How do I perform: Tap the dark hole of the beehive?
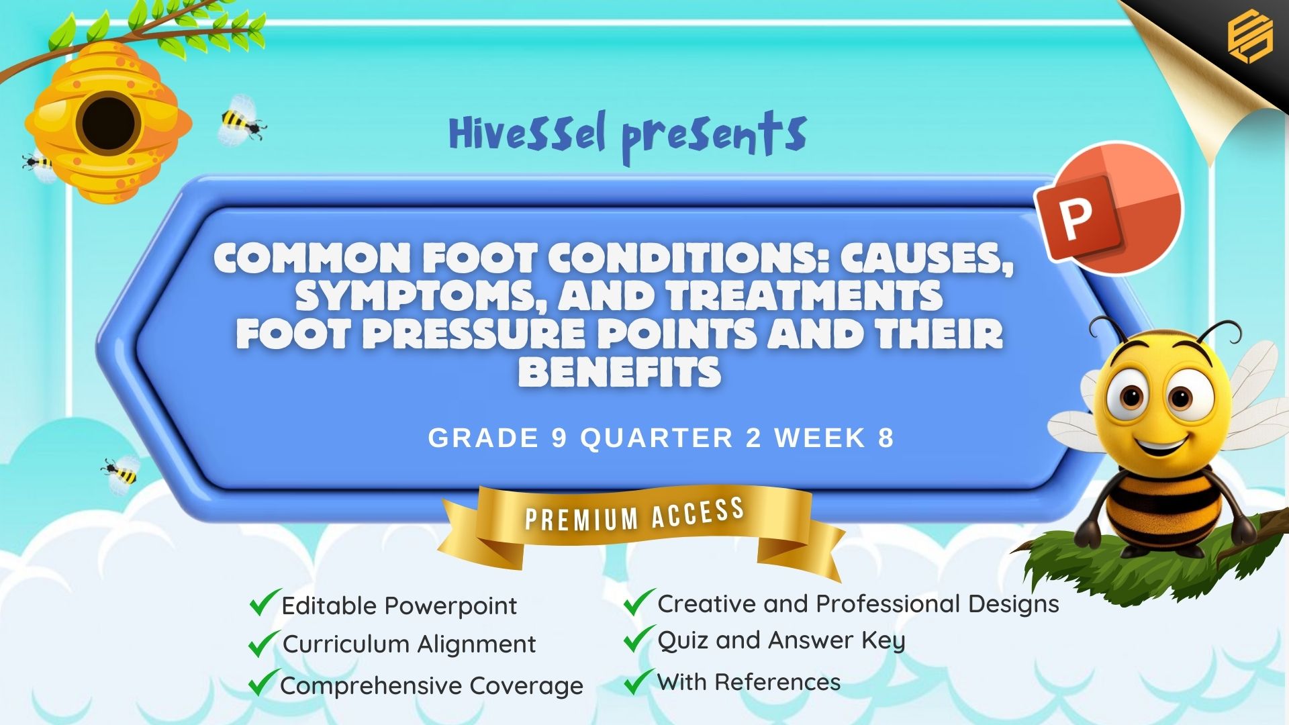point(107,124)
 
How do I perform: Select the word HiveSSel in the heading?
point(527,133)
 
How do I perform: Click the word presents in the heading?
point(714,136)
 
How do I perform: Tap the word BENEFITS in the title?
point(620,372)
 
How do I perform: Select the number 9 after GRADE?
point(559,438)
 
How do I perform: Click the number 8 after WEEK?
point(886,438)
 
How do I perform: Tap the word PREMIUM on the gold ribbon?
point(581,518)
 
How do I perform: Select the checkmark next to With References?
point(638,681)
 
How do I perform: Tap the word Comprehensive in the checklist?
point(371,687)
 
